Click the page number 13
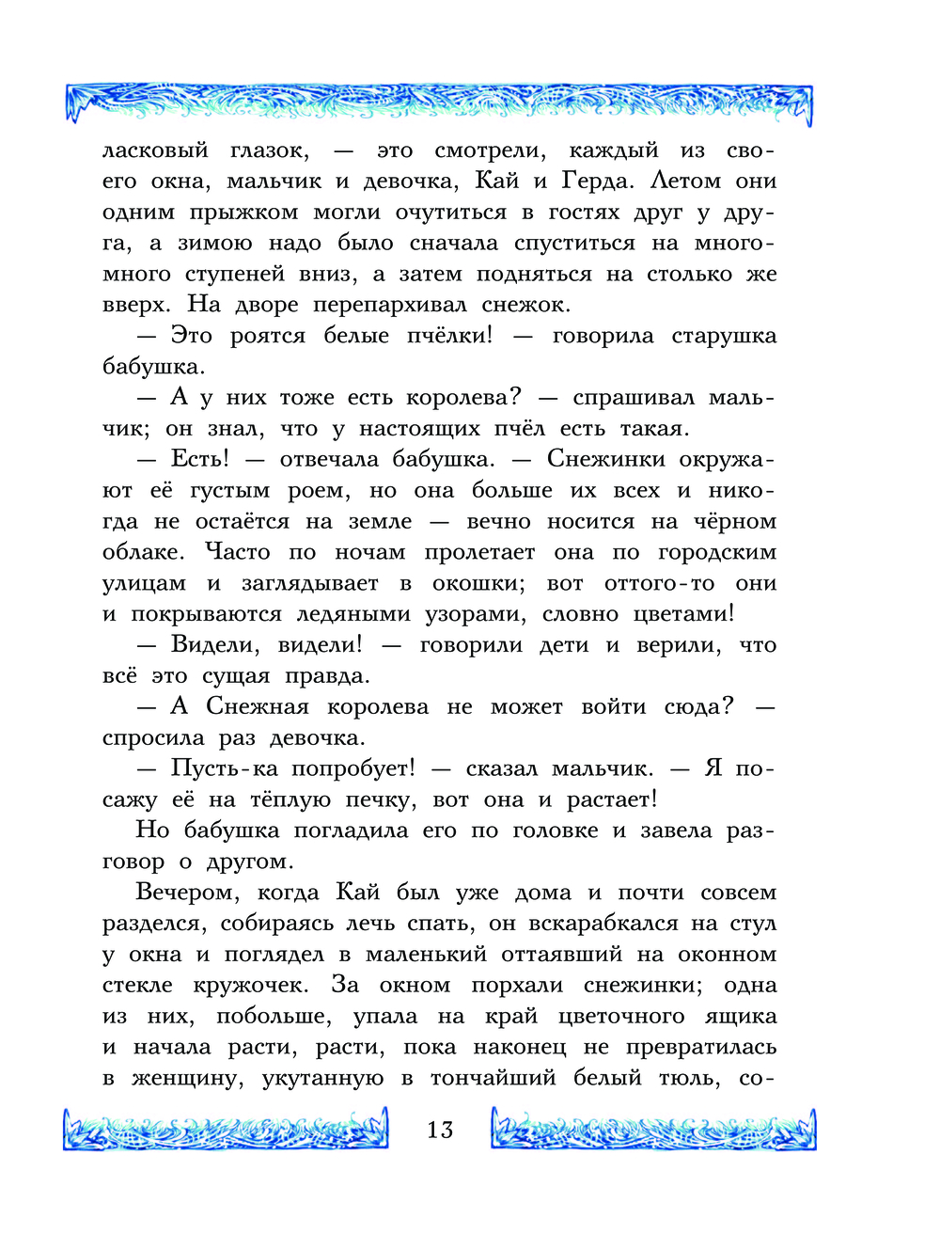(x=440, y=1130)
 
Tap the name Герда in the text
(x=601, y=181)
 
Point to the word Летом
(x=685, y=181)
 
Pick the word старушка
(x=724, y=337)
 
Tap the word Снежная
(x=258, y=706)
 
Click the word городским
(x=717, y=553)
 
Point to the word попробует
(x=352, y=768)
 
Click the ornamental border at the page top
(x=439, y=102)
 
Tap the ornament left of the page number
(x=226, y=1129)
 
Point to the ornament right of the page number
(x=653, y=1129)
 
